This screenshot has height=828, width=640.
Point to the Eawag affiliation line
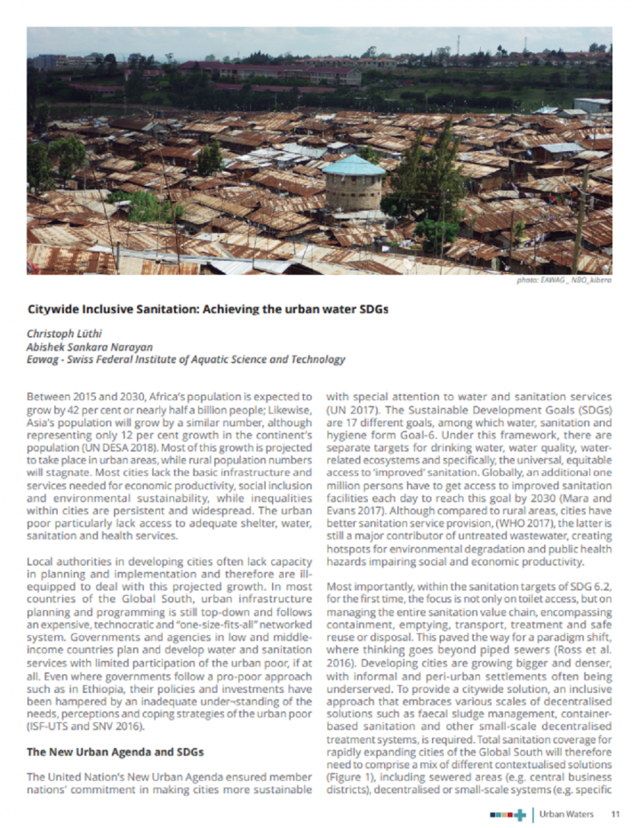185,360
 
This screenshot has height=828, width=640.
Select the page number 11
615,813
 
